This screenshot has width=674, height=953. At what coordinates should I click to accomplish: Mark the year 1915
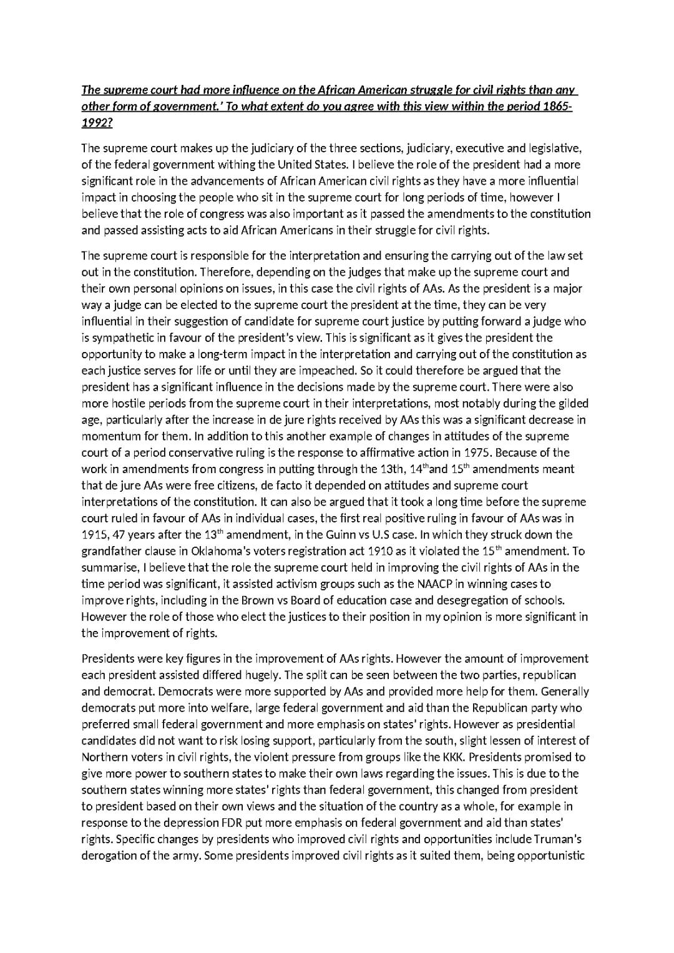95,535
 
